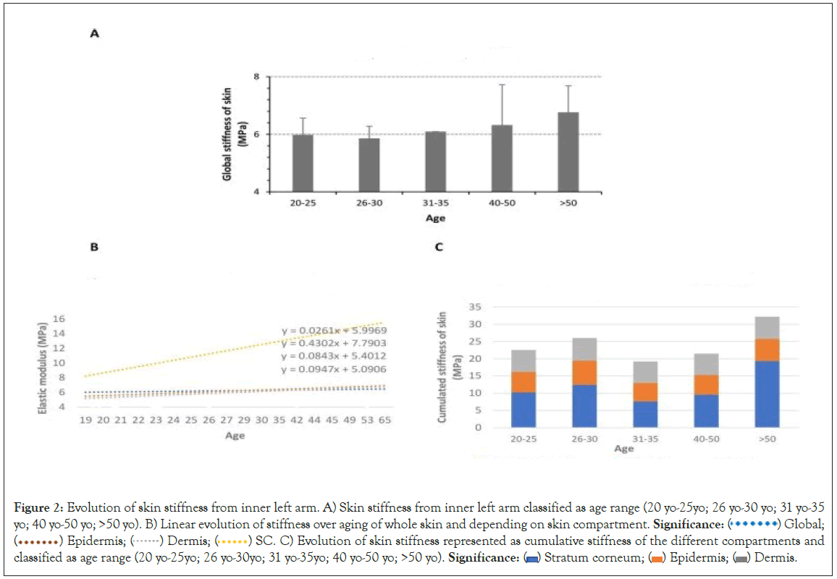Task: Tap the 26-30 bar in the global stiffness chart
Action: click(369, 165)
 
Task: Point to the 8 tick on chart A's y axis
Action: click(257, 76)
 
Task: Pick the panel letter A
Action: click(94, 33)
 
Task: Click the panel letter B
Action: click(93, 246)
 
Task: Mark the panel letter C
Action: click(439, 246)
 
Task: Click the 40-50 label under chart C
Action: click(685, 438)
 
